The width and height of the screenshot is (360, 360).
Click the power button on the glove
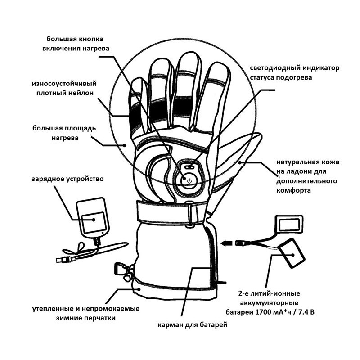189,181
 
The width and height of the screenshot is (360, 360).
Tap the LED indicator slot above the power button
189,167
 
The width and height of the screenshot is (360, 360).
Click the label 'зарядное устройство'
68,179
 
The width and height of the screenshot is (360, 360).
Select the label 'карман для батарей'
193,325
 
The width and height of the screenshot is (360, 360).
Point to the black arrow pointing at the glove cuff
227,243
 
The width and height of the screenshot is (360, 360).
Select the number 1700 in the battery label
263,312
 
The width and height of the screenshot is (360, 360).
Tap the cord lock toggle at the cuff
120,269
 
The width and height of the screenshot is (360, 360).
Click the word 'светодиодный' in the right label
275,68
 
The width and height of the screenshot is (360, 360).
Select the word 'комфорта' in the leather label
293,190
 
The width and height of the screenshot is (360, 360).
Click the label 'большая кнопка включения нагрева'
76,44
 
